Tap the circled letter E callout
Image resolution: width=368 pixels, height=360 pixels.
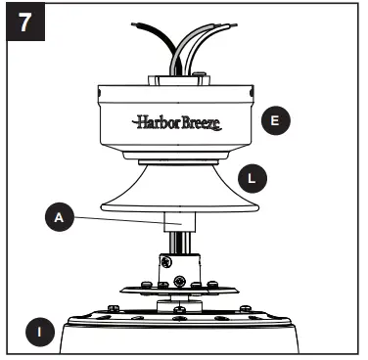point(275,120)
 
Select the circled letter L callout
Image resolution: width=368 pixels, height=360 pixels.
point(253,177)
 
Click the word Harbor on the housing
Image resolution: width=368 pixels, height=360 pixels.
point(153,122)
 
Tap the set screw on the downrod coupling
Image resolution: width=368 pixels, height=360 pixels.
point(168,262)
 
